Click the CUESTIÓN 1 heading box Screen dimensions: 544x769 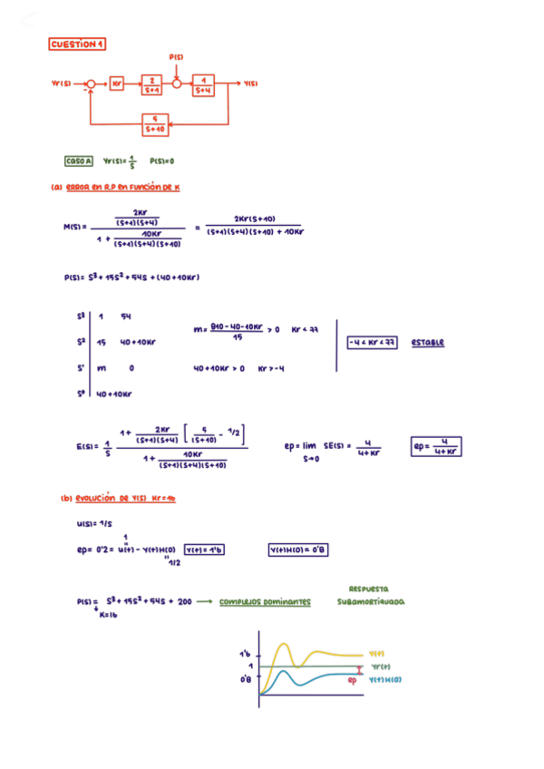pos(79,43)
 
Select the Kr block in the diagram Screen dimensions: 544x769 pos(118,84)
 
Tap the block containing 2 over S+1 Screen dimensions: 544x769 pos(152,84)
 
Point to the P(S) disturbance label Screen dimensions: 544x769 pos(177,57)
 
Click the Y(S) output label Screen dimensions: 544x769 pos(251,84)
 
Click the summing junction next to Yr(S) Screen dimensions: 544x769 pos(90,84)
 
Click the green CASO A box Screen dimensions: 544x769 pos(79,161)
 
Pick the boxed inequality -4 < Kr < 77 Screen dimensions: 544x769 pos(371,343)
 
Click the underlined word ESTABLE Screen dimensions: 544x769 pos(427,343)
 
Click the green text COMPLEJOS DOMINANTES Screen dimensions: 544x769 pos(264,600)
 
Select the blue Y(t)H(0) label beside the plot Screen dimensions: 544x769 pos(385,678)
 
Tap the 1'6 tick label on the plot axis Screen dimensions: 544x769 pos(245,653)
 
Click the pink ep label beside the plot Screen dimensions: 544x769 pos(353,677)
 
